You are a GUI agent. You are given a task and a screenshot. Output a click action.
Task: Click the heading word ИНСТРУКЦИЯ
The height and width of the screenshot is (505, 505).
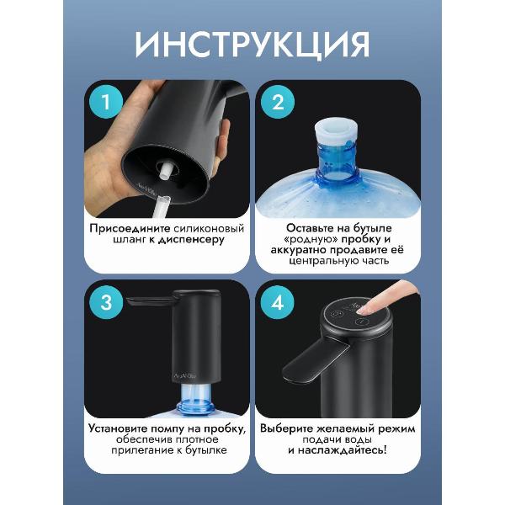pyautogui.click(x=252, y=44)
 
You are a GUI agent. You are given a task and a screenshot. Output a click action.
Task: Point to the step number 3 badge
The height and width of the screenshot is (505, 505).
pyautogui.click(x=105, y=302)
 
